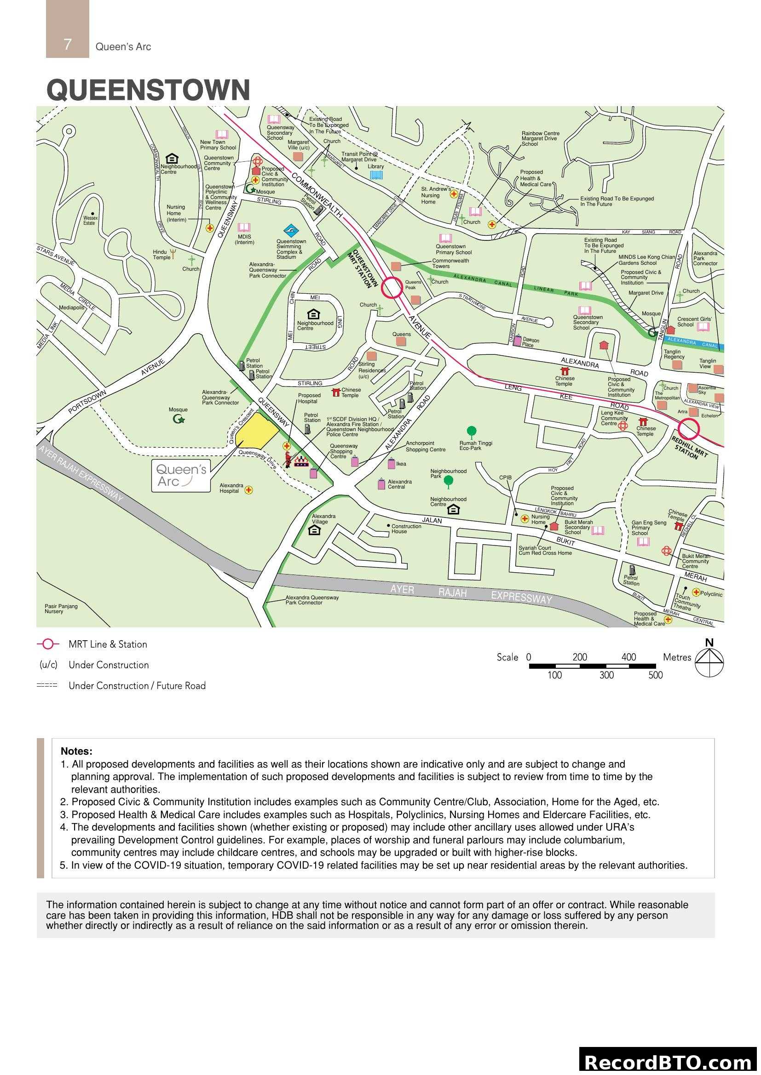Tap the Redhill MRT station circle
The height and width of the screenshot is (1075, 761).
(689, 429)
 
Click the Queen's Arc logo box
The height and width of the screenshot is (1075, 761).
(180, 475)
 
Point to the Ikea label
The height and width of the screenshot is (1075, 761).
(401, 464)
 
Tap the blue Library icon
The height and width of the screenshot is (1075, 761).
(376, 175)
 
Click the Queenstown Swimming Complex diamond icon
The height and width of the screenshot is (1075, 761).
(291, 231)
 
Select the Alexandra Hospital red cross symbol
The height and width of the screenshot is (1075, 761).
(249, 490)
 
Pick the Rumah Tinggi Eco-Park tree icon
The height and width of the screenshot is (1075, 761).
(472, 431)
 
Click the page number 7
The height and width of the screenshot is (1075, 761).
(68, 45)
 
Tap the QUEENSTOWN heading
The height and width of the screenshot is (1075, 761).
(148, 90)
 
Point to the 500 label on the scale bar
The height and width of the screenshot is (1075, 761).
(656, 675)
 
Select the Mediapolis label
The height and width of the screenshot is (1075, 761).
(72, 307)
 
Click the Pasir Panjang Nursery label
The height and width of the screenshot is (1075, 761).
(61, 609)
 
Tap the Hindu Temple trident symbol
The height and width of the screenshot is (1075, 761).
(173, 254)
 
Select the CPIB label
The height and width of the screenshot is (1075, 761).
(505, 478)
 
